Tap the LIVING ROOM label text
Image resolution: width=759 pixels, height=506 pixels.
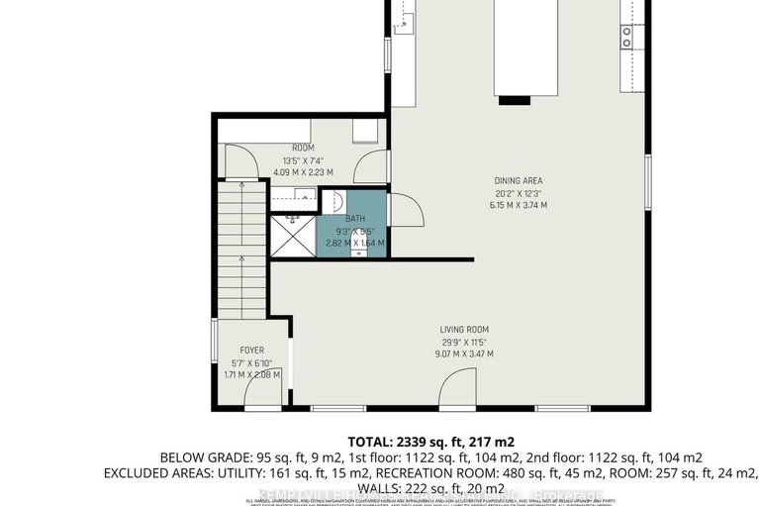464,330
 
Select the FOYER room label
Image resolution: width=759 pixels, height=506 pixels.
252,351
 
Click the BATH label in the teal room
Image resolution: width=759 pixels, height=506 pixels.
354,218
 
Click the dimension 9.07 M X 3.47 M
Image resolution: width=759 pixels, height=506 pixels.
464,354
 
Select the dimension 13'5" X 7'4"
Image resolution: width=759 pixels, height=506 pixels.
303,160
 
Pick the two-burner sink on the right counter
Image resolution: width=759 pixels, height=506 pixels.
627,38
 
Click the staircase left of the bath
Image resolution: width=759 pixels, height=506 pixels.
240,253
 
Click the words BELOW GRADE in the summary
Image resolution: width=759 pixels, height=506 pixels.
203,457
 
